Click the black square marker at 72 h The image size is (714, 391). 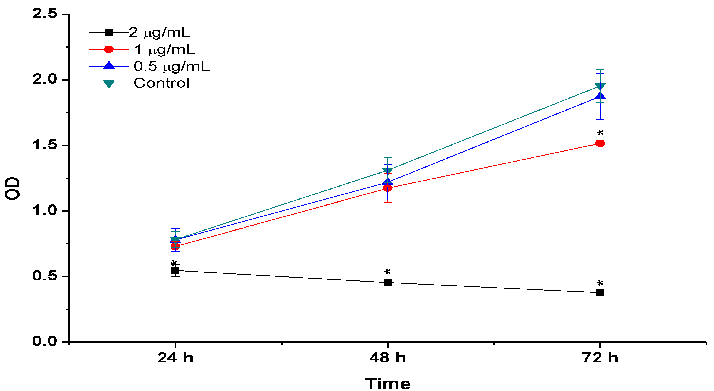(x=600, y=292)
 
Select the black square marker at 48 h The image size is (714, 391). (x=388, y=283)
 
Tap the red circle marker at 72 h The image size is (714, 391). (x=600, y=143)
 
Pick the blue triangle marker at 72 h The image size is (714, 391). (x=600, y=96)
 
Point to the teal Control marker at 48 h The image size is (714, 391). (x=388, y=171)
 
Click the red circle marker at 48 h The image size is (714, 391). (x=388, y=188)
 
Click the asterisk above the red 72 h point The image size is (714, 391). (x=600, y=133)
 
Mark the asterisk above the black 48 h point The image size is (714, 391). (x=387, y=272)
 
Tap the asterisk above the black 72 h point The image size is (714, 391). (x=600, y=283)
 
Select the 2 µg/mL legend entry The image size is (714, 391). (x=160, y=33)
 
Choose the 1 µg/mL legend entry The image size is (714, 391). (x=165, y=49)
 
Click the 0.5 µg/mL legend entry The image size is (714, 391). (x=172, y=66)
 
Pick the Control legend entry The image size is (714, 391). (x=162, y=83)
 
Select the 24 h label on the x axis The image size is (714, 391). (x=175, y=358)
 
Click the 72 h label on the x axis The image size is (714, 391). (x=600, y=358)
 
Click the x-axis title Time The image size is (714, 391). (x=388, y=384)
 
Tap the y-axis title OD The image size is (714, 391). (x=12, y=188)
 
